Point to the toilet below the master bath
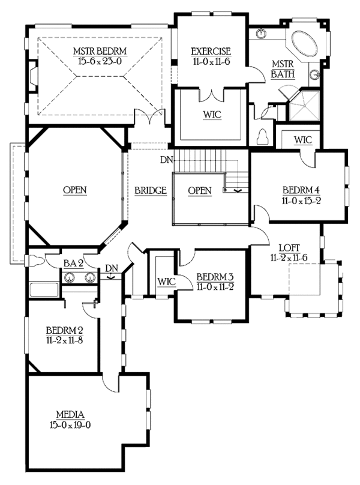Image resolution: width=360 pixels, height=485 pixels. (263, 137)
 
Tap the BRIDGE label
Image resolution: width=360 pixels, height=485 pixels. (149, 190)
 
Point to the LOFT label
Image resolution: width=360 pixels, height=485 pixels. (290, 247)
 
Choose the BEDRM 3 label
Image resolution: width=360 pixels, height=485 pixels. (214, 277)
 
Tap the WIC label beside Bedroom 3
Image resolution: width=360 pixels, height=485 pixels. (166, 281)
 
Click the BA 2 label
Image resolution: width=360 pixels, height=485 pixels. (73, 263)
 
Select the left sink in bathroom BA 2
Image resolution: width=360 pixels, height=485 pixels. (70, 277)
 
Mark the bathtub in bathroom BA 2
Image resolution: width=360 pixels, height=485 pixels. (43, 289)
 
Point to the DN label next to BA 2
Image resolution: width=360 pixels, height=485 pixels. (111, 268)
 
